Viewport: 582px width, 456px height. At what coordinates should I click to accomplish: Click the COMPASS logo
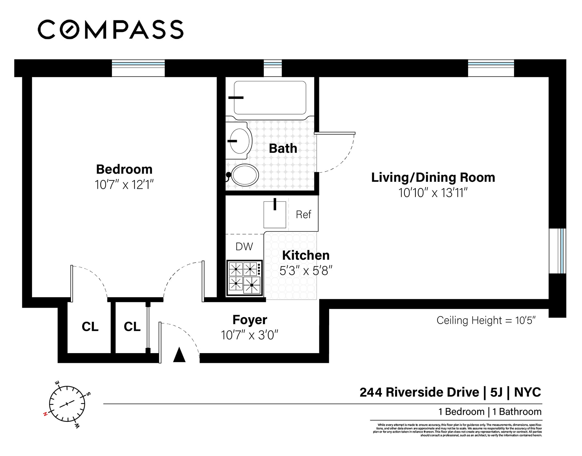coord(111,29)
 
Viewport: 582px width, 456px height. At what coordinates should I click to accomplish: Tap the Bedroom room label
coord(124,169)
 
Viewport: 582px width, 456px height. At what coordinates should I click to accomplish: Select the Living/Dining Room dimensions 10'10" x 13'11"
coord(433,193)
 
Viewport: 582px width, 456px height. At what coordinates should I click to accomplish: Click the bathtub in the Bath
coord(270,97)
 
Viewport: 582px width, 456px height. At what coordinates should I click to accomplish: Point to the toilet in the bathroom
coord(244,175)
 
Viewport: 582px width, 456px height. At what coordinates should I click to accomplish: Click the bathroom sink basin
coord(240,141)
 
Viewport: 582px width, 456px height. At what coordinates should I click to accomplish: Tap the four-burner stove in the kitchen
coord(244,277)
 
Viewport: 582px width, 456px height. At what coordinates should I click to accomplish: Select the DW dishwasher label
coord(244,247)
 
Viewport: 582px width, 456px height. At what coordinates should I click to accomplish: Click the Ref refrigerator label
coord(303,215)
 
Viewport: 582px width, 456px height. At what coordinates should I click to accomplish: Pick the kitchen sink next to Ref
coord(275,214)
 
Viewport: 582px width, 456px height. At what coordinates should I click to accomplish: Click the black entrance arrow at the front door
coord(179,355)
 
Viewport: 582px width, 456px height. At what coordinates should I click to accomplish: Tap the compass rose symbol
coord(67,404)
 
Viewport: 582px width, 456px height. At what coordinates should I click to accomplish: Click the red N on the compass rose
coord(45,414)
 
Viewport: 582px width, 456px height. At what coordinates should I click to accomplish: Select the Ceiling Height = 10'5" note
coord(486,320)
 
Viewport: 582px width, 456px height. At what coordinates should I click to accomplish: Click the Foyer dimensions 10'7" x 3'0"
coord(250,335)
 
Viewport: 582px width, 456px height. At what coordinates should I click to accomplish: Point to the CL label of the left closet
coord(90,327)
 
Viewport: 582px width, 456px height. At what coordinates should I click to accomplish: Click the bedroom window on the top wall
coord(138,68)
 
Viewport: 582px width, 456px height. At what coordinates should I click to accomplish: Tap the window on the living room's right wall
coord(558,251)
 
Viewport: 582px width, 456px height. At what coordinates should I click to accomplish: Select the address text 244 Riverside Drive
coord(419,392)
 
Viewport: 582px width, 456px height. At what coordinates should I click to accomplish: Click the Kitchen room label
coord(306,255)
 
